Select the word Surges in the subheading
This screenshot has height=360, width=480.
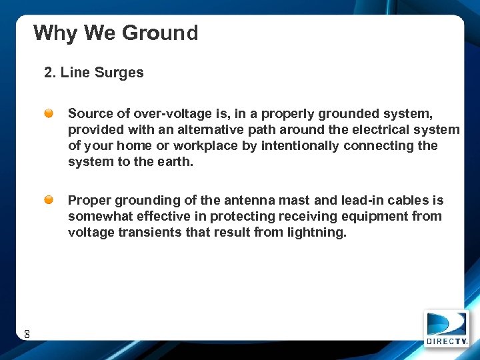click(120, 73)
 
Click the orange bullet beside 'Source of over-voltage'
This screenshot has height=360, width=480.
click(50, 114)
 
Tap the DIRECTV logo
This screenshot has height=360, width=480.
click(447, 328)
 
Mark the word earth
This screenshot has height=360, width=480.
click(174, 162)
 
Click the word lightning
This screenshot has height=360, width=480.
click(319, 233)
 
